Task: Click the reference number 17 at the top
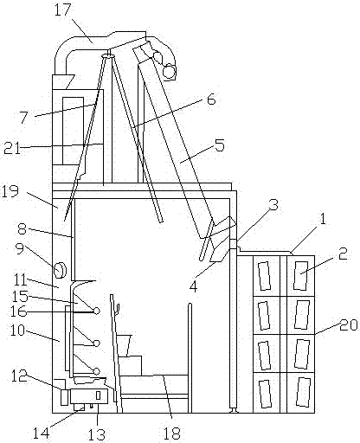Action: tap(62, 10)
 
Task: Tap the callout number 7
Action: tap(24, 118)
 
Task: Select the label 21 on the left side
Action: tap(12, 149)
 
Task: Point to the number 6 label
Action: tap(211, 100)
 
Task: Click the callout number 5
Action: tap(220, 145)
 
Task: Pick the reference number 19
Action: tap(10, 191)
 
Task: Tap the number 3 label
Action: tap(273, 205)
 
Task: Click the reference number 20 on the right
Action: tap(349, 325)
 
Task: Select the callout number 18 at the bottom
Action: tap(171, 433)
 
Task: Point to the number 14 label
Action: tap(42, 433)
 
